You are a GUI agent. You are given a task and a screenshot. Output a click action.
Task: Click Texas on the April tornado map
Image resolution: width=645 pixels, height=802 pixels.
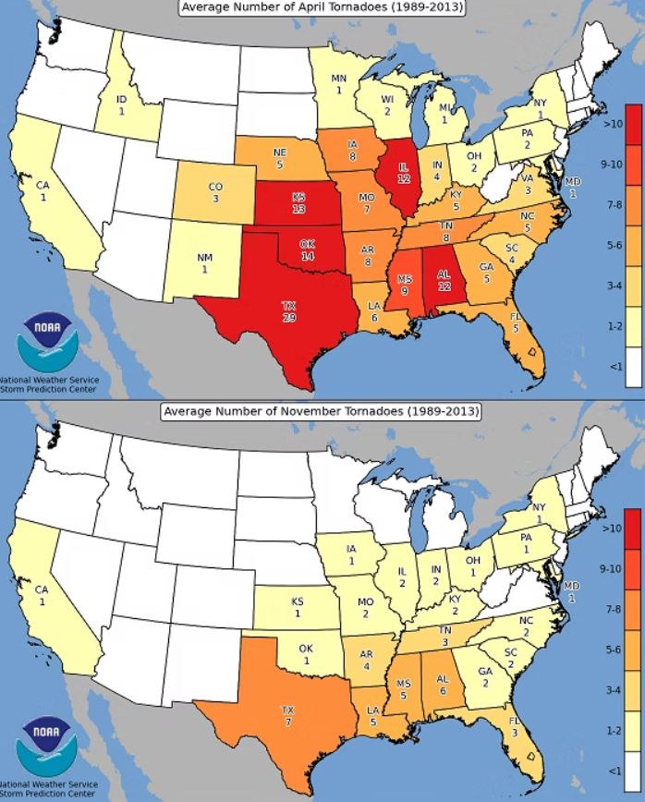coord(289,311)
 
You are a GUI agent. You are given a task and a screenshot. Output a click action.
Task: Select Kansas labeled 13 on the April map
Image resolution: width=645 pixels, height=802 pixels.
coord(298,203)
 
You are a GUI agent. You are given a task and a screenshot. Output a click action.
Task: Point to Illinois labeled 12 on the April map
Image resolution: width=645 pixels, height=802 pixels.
coord(403,173)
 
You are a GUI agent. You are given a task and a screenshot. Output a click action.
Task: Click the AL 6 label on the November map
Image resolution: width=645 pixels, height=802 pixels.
coord(443,684)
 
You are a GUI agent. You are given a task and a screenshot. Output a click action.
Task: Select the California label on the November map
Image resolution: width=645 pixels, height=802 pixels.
coord(42,594)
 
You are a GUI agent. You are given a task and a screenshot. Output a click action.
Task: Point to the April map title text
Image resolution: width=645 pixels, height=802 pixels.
coord(322,8)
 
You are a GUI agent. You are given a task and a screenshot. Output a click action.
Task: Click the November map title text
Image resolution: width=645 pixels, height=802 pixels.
coord(322,411)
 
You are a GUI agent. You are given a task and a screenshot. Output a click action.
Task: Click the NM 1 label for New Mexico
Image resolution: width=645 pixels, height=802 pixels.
coord(203,263)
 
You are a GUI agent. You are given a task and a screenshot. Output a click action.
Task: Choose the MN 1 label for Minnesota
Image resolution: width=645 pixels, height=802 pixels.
coord(339,84)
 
